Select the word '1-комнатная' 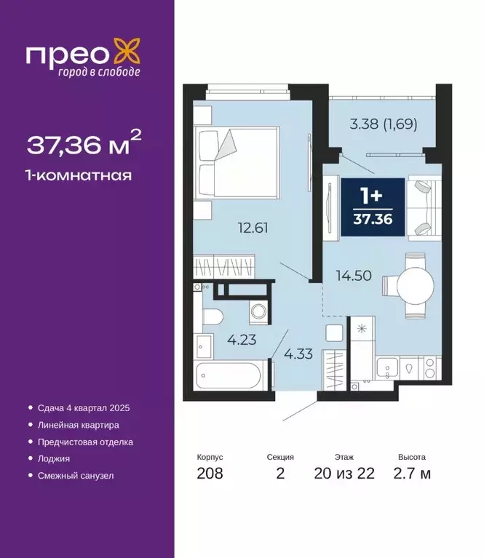(79, 175)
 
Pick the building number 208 (210, 474)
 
